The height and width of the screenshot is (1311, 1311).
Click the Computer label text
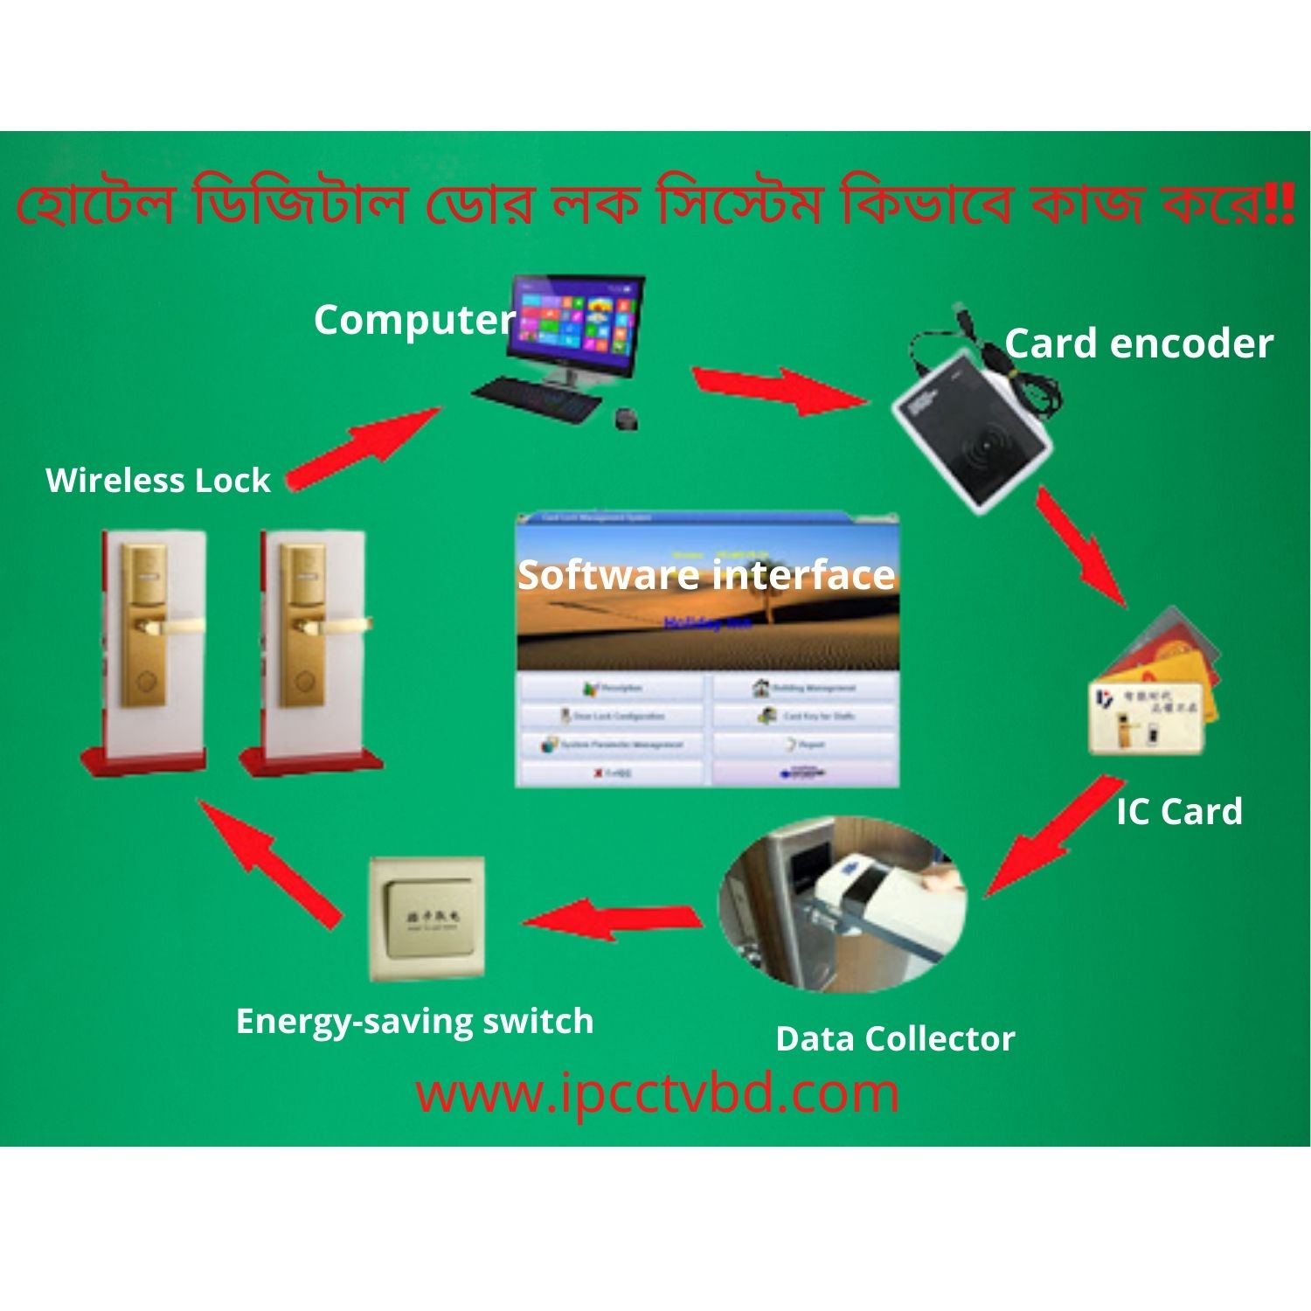click(x=414, y=321)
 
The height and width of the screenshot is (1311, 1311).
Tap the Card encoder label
click(x=1138, y=344)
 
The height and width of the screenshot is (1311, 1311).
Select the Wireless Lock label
click(x=158, y=481)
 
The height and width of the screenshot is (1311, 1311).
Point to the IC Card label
click(x=1179, y=812)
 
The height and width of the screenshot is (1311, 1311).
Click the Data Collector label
click(x=895, y=1039)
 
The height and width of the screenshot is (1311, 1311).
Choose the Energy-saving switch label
click(x=414, y=1021)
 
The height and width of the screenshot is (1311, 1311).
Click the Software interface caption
click(x=706, y=575)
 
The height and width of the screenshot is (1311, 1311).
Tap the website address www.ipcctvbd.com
click(x=657, y=1093)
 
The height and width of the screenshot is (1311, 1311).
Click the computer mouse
click(x=627, y=419)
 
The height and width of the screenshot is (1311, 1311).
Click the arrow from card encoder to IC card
click(x=1081, y=547)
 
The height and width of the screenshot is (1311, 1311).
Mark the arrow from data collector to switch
click(x=612, y=919)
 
